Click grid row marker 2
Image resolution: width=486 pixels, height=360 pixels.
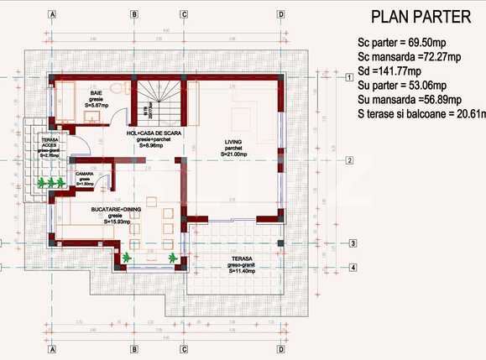tap(348, 159)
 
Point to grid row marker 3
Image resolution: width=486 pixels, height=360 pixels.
tap(353, 243)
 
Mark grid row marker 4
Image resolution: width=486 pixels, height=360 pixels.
tap(353, 268)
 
